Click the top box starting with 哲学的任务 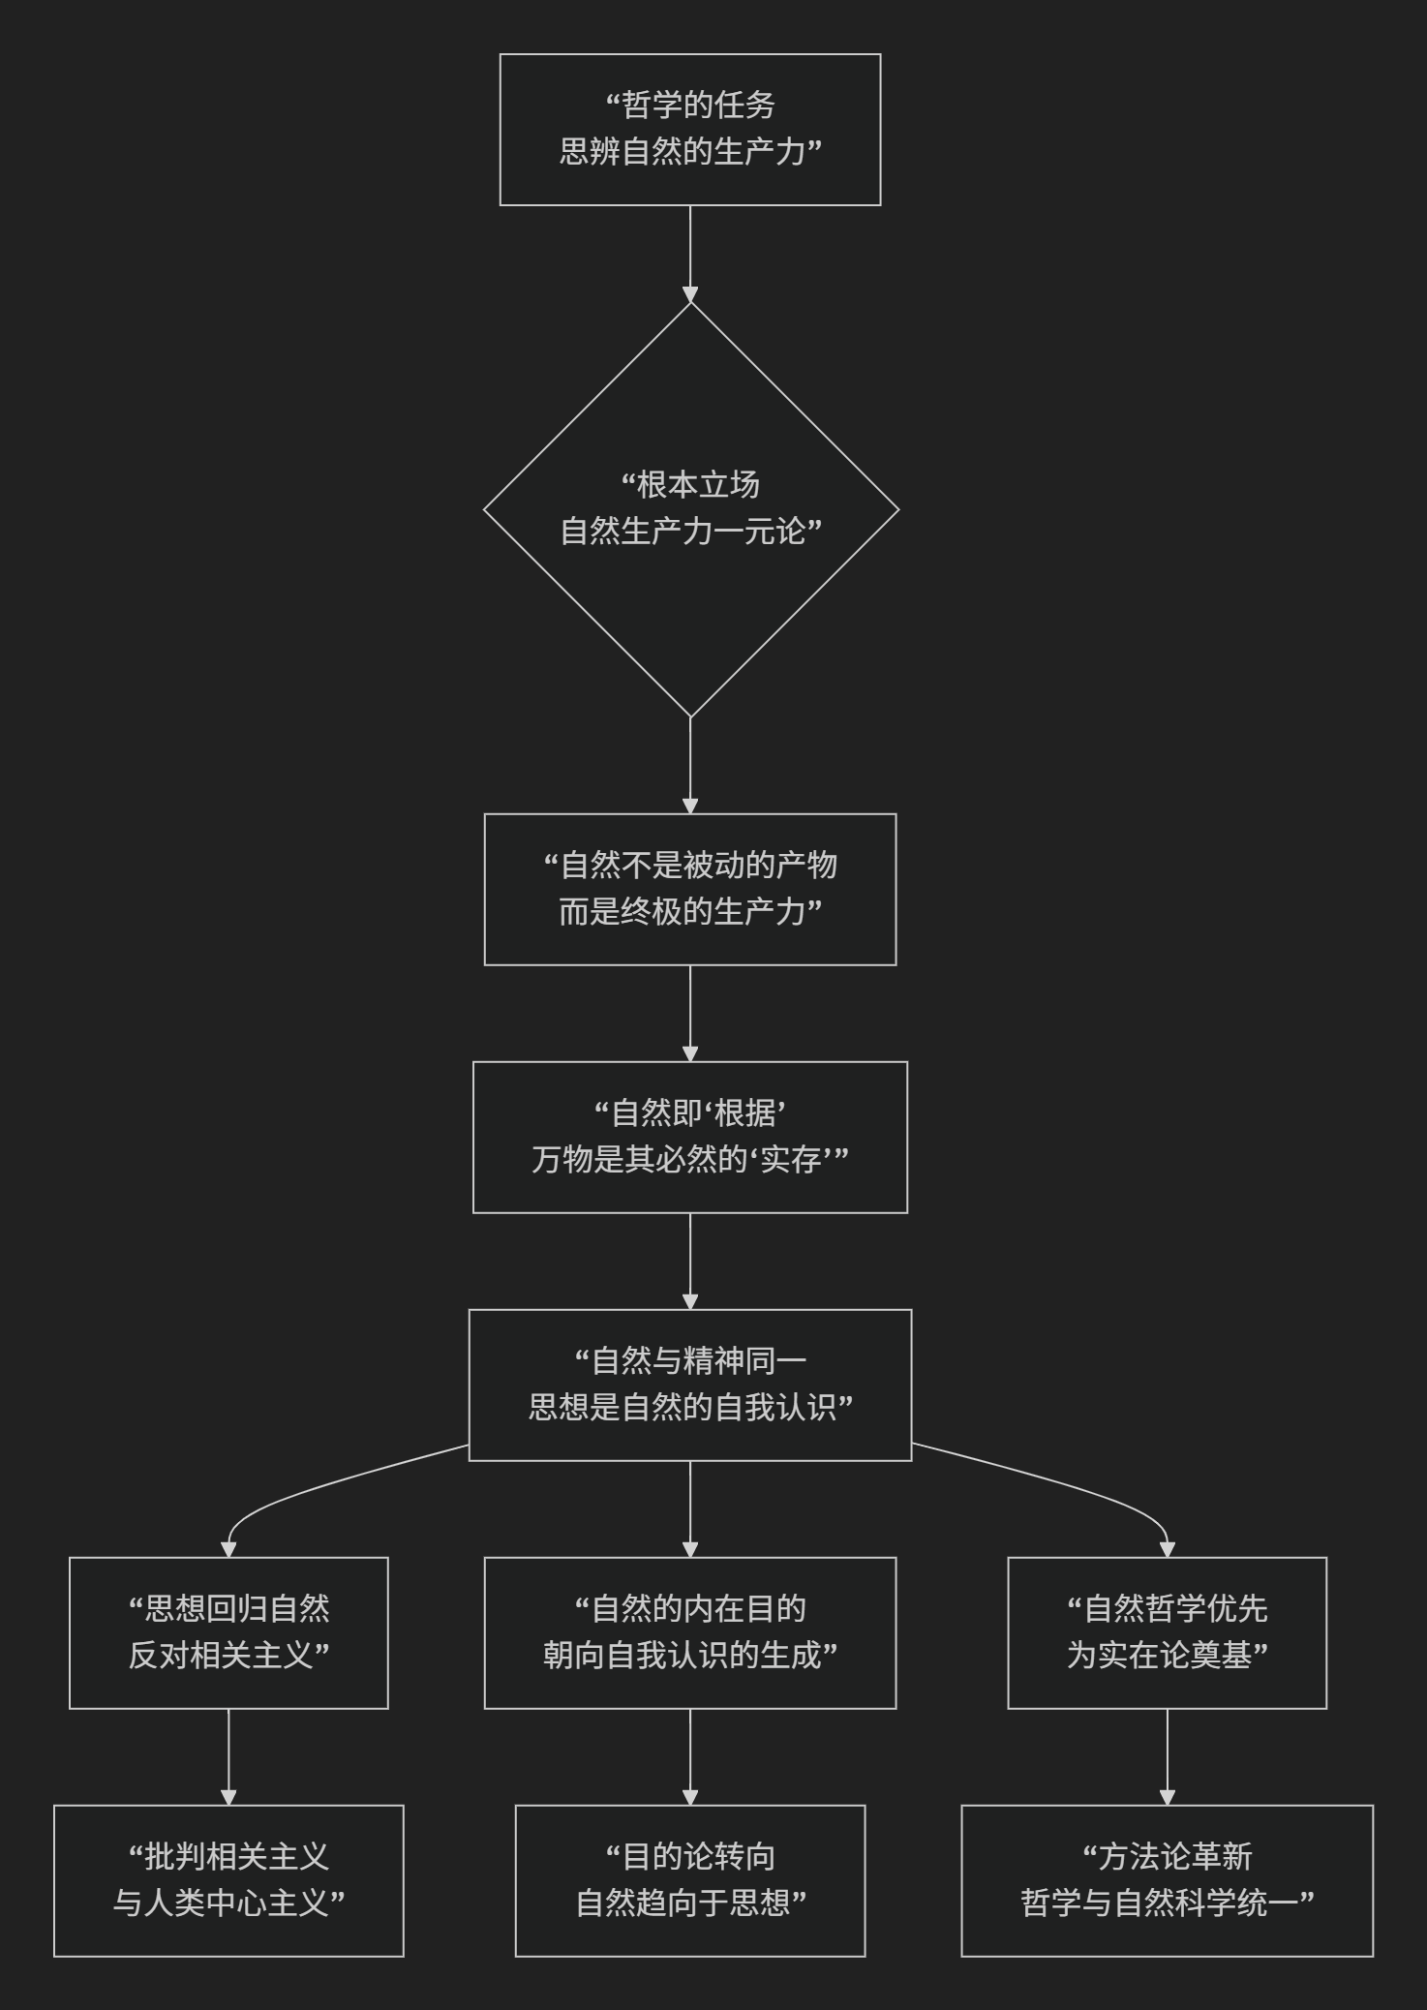pyautogui.click(x=689, y=130)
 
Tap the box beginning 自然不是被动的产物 pyautogui.click(x=689, y=889)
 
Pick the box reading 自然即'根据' pyautogui.click(x=689, y=1137)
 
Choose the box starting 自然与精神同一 pyautogui.click(x=689, y=1385)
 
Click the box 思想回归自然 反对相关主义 pyautogui.click(x=228, y=1632)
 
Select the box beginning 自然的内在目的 pyautogui.click(x=689, y=1632)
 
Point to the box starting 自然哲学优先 pyautogui.click(x=1167, y=1632)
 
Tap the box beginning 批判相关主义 pyautogui.click(x=228, y=1880)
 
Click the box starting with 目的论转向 pyautogui.click(x=689, y=1880)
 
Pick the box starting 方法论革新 pyautogui.click(x=1167, y=1880)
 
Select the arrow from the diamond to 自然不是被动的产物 pyautogui.click(x=690, y=765)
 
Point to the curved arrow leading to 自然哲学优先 pyautogui.click(x=1094, y=1496)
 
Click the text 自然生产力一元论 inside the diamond pyautogui.click(x=690, y=532)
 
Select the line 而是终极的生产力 pyautogui.click(x=689, y=912)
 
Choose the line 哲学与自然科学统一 pyautogui.click(x=1167, y=1903)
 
